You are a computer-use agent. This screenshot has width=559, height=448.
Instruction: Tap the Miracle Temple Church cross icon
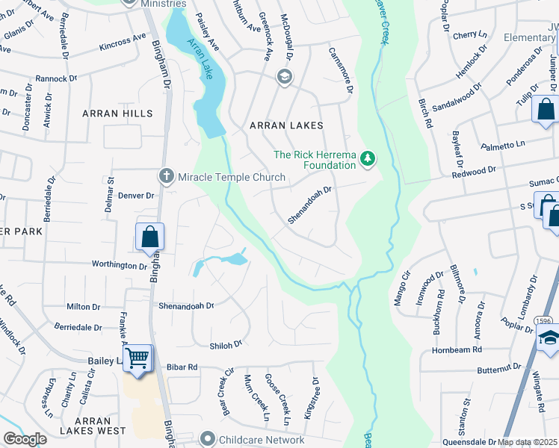tap(167, 177)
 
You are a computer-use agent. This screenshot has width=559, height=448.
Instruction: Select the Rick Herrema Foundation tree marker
tap(367, 158)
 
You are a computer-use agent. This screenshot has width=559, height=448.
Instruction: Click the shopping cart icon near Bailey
tap(138, 358)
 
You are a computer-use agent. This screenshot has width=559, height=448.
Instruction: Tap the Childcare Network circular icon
tap(207, 440)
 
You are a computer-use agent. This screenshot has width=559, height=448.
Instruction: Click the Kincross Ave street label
tap(123, 42)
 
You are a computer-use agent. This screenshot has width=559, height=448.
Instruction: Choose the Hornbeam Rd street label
tap(457, 349)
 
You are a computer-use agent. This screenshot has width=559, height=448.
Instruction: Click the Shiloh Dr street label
tap(226, 344)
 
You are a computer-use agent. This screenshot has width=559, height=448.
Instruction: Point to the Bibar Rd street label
tap(182, 367)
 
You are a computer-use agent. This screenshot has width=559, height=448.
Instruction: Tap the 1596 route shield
tap(543, 321)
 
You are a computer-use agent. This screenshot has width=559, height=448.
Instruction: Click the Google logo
tap(25, 439)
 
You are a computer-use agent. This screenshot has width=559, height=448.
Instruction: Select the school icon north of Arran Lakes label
tap(284, 76)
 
